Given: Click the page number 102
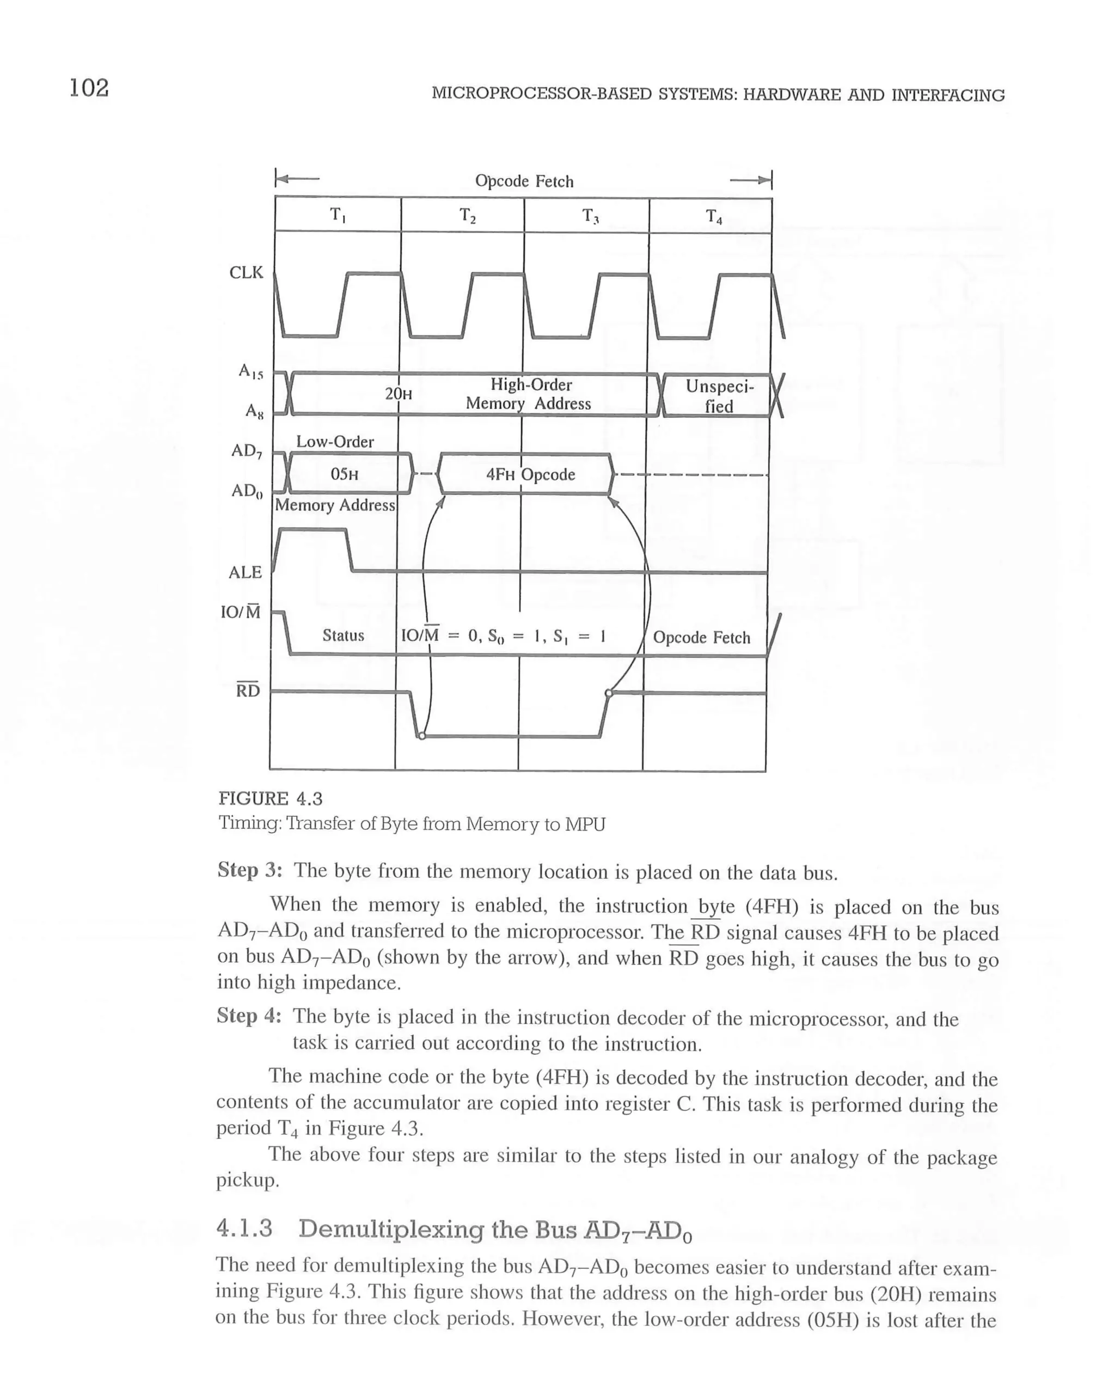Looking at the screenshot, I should pyautogui.click(x=89, y=87).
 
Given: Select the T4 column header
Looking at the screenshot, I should pyautogui.click(x=713, y=216).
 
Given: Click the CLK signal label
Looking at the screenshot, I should pyautogui.click(x=246, y=273).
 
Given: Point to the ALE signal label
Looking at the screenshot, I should pyautogui.click(x=245, y=572).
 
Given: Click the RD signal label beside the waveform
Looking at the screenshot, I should pyautogui.click(x=247, y=691).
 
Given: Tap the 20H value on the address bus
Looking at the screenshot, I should pyautogui.click(x=398, y=394).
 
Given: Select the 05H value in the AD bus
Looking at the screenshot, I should pyautogui.click(x=344, y=474).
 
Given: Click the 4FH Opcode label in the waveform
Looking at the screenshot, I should pyautogui.click(x=530, y=474).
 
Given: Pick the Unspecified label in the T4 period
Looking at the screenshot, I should pyautogui.click(x=719, y=396).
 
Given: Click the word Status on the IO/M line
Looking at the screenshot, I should pyautogui.click(x=343, y=636).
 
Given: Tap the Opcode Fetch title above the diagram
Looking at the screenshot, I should pyautogui.click(x=524, y=181).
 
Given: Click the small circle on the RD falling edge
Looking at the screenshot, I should pyautogui.click(x=422, y=736).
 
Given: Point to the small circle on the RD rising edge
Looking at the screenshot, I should pyautogui.click(x=608, y=693).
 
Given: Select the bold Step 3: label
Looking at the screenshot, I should pyautogui.click(x=249, y=870).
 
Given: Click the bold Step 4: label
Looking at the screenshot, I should pyautogui.click(x=249, y=1016).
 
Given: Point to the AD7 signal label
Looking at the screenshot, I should pyautogui.click(x=247, y=451).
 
